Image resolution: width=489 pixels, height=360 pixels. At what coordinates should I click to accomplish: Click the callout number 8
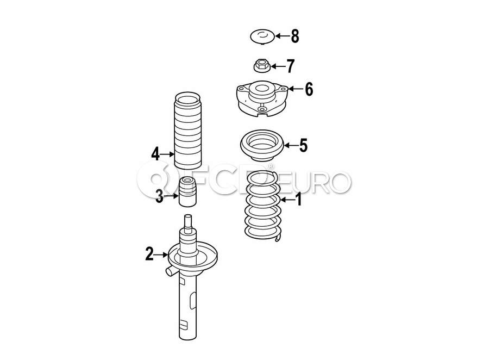[295, 36]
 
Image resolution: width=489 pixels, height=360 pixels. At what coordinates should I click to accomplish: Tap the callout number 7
[291, 66]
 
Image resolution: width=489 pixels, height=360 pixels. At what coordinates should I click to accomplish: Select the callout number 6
[309, 89]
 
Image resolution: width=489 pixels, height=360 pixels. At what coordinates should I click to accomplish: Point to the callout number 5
[303, 145]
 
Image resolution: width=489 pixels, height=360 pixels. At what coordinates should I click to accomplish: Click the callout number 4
[155, 154]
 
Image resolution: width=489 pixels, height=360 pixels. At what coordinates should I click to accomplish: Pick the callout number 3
[159, 196]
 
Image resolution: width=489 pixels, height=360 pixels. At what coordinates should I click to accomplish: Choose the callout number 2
[149, 254]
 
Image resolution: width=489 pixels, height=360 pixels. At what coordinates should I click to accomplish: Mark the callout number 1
[299, 199]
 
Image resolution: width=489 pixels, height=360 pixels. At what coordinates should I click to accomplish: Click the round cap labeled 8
[262, 37]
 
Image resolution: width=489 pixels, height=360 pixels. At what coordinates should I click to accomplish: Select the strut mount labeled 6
[261, 98]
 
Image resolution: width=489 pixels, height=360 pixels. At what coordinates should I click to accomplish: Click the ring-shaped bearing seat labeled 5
[262, 146]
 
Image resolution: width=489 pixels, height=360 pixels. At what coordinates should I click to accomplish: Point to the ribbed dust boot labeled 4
[187, 131]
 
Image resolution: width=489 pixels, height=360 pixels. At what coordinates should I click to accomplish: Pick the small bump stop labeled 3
[187, 191]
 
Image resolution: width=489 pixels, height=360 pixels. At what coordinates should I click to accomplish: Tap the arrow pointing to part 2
[161, 255]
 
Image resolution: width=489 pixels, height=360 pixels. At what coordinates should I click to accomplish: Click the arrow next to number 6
[296, 89]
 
